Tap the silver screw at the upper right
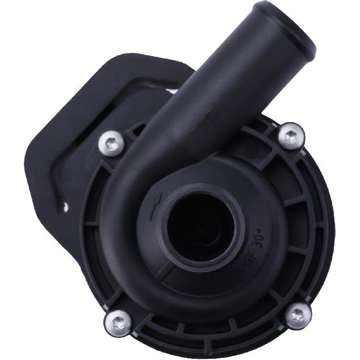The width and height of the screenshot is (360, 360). (x=291, y=135)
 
